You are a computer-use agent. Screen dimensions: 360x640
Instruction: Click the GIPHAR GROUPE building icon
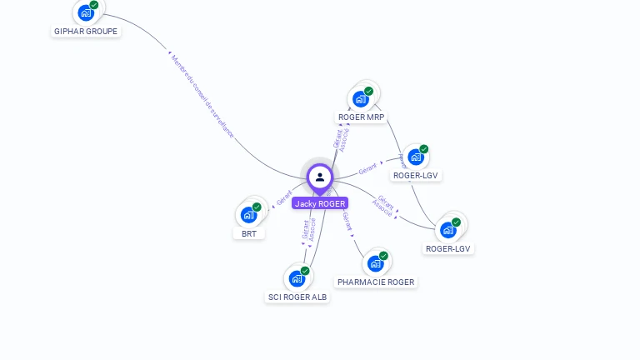pyautogui.click(x=85, y=13)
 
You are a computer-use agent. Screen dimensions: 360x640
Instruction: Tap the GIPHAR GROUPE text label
pyautogui.click(x=86, y=32)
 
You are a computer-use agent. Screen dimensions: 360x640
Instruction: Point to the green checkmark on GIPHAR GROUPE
pyautogui.click(x=94, y=5)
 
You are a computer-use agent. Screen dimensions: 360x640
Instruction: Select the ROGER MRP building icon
pyautogui.click(x=360, y=99)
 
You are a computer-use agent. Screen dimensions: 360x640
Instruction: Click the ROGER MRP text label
pyautogui.click(x=361, y=117)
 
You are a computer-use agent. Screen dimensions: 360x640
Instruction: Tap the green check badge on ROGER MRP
pyautogui.click(x=369, y=91)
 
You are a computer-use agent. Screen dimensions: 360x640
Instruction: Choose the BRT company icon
pyautogui.click(x=248, y=215)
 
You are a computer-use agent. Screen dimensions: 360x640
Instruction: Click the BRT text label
pyautogui.click(x=249, y=234)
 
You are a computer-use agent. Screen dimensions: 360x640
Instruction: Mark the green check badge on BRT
pyautogui.click(x=257, y=207)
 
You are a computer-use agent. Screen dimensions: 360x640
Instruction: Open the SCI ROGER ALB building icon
pyautogui.click(x=297, y=279)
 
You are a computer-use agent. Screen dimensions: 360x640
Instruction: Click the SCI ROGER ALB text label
pyautogui.click(x=297, y=297)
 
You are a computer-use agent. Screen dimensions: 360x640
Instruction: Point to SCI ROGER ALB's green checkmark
pyautogui.click(x=305, y=271)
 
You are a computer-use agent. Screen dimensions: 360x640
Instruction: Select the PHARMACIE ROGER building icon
pyautogui.click(x=375, y=264)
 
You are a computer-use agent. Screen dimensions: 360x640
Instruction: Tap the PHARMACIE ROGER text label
pyautogui.click(x=376, y=282)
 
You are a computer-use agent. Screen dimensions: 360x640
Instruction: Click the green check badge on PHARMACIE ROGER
pyautogui.click(x=383, y=256)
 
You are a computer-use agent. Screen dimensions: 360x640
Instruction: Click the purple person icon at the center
pyautogui.click(x=320, y=177)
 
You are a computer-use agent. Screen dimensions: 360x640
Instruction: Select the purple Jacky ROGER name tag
pyautogui.click(x=320, y=203)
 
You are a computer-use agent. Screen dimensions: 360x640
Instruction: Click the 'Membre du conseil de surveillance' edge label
pyautogui.click(x=202, y=95)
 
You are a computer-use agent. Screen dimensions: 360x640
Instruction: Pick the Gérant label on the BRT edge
pyautogui.click(x=284, y=200)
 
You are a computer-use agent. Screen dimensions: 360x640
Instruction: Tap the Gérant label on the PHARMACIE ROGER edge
pyautogui.click(x=347, y=222)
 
